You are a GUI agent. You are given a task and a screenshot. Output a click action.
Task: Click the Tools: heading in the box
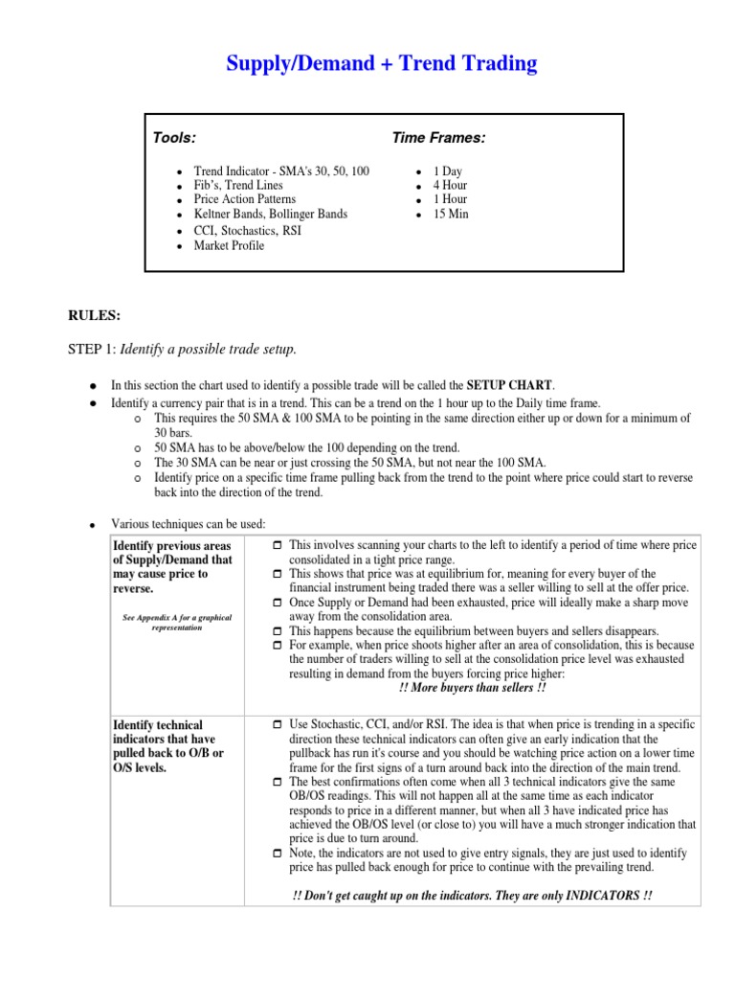click(174, 139)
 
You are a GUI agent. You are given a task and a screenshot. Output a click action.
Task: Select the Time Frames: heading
click(438, 139)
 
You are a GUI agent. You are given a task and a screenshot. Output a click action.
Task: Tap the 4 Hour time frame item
click(449, 185)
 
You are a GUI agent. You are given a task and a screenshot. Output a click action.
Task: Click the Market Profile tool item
click(229, 245)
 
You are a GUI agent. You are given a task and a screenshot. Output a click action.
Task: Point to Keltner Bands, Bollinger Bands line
click(270, 215)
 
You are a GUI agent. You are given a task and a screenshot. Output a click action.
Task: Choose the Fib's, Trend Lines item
click(237, 185)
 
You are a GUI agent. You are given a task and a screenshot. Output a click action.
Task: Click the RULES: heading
click(94, 314)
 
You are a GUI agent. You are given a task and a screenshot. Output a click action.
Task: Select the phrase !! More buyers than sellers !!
click(473, 687)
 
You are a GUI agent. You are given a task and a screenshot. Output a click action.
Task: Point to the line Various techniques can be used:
click(189, 524)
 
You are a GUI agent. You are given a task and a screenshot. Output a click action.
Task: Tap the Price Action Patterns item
click(244, 199)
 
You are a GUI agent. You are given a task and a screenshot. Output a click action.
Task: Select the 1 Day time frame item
click(447, 171)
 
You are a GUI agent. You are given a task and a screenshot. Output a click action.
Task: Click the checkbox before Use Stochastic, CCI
click(277, 726)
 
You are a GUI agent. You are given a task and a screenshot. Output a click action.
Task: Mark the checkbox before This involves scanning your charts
click(277, 545)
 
